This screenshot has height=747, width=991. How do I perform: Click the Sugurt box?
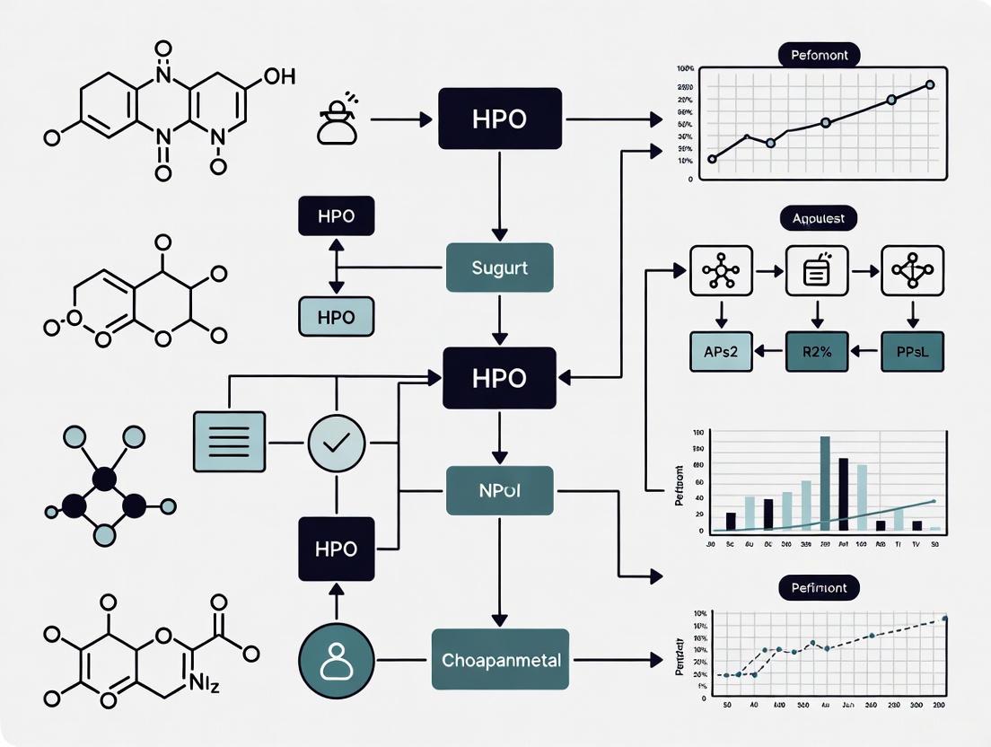coord(499,268)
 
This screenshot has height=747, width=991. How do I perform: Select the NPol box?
coord(499,490)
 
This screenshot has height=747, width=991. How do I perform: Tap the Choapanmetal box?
coord(501,660)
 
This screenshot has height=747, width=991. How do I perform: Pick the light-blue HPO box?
coord(337,316)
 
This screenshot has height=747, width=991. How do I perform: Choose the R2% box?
coord(816,352)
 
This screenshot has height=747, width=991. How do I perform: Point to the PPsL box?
coord(912,352)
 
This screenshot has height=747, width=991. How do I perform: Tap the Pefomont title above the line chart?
coord(819,56)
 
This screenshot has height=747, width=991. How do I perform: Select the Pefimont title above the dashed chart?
coord(819,588)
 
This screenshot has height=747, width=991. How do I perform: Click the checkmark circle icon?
coord(337,443)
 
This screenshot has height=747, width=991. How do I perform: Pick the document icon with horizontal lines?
coord(230,442)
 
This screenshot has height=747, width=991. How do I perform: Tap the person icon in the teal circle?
coord(337,661)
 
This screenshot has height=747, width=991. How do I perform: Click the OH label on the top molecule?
coord(278,76)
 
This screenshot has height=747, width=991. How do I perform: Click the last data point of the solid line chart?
coord(930,84)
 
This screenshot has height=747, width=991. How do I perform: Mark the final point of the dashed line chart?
coord(944,619)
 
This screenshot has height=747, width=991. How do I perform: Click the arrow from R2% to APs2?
coord(769,352)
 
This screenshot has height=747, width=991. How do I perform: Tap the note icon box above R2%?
coord(816,271)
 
